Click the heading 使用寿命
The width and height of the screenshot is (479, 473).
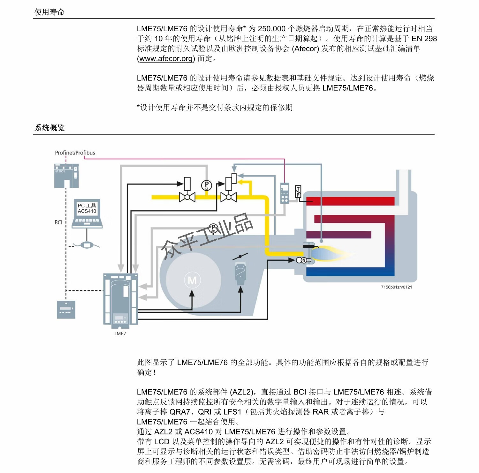click(49, 12)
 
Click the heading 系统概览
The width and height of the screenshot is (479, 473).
click(49, 128)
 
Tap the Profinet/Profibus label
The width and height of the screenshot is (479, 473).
click(75, 153)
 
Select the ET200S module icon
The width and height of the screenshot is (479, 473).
click(66, 176)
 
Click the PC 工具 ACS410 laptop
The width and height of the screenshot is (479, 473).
click(87, 214)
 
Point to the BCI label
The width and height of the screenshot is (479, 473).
click(58, 222)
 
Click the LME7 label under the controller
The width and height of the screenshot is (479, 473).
click(120, 334)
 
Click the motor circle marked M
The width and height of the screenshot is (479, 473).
click(192, 281)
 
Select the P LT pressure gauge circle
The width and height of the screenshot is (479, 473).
click(207, 185)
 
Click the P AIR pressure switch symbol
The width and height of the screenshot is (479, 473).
click(213, 229)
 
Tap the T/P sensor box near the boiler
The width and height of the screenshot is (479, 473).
click(298, 191)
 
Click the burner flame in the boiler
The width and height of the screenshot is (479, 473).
click(332, 254)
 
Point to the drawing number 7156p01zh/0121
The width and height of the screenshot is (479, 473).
click(396, 287)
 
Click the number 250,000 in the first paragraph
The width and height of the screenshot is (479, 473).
click(271, 29)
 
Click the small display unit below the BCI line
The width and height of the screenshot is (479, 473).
click(66, 310)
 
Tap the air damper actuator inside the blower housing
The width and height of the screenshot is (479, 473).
click(240, 273)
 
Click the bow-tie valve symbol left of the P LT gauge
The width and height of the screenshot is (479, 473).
click(187, 197)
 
